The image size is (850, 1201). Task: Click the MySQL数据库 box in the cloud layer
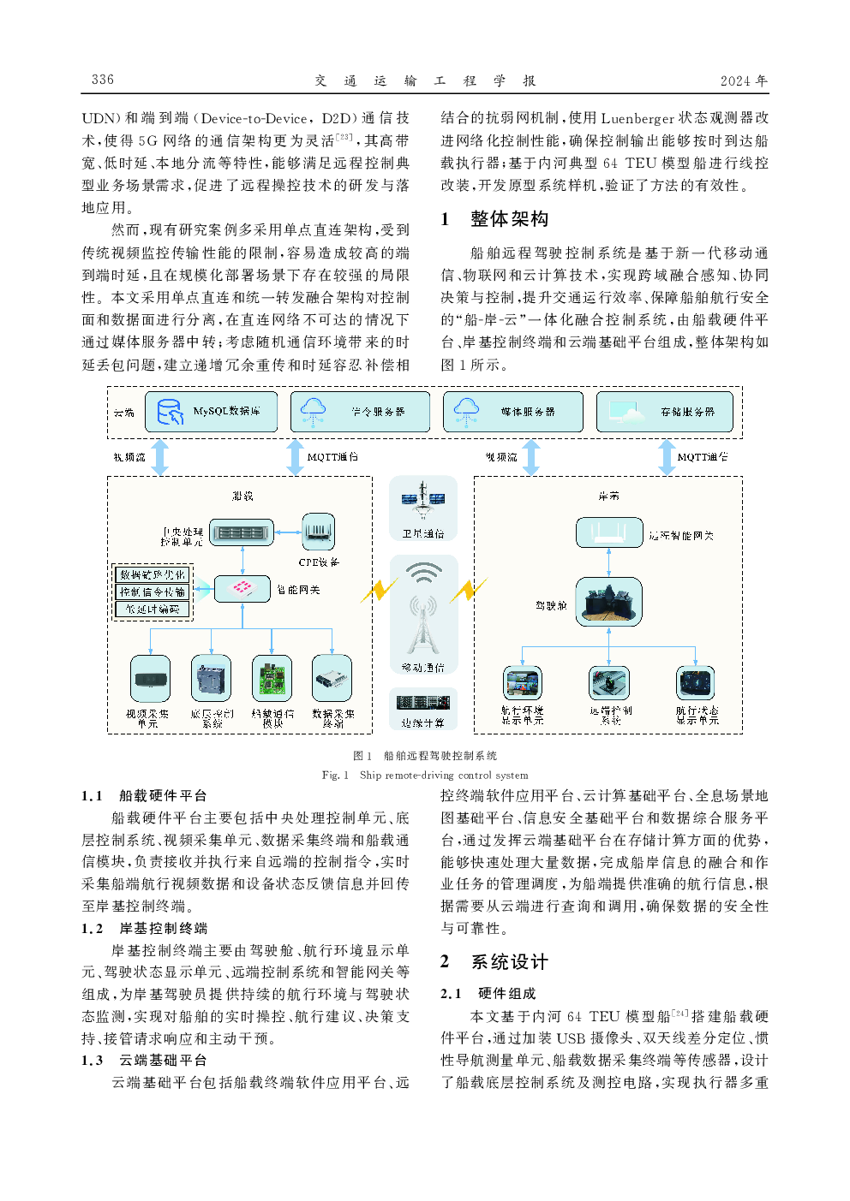pyautogui.click(x=212, y=412)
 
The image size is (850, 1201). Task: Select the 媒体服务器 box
pyautogui.click(x=512, y=412)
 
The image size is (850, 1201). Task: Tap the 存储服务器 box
pyautogui.click(x=665, y=412)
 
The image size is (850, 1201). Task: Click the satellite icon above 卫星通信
pyautogui.click(x=423, y=499)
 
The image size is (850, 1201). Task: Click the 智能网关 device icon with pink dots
pyautogui.click(x=242, y=588)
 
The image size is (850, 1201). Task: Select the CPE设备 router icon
pyautogui.click(x=318, y=532)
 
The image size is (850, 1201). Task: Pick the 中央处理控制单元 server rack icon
pyautogui.click(x=242, y=532)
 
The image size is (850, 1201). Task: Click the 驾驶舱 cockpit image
pyautogui.click(x=609, y=601)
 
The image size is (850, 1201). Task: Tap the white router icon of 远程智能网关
pyautogui.click(x=609, y=532)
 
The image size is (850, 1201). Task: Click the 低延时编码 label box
pyautogui.click(x=153, y=609)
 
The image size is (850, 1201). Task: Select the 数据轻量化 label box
pyautogui.click(x=153, y=575)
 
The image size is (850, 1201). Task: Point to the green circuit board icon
pyautogui.click(x=272, y=679)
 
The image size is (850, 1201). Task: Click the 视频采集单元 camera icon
pyautogui.click(x=150, y=679)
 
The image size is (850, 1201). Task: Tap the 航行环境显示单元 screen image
pyautogui.click(x=523, y=683)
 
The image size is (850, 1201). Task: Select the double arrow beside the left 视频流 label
pyautogui.click(x=160, y=457)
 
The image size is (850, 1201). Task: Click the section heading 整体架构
pyautogui.click(x=509, y=219)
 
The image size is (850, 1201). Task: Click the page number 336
pyautogui.click(x=103, y=80)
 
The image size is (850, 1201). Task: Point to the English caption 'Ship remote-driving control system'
pyautogui.click(x=444, y=776)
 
